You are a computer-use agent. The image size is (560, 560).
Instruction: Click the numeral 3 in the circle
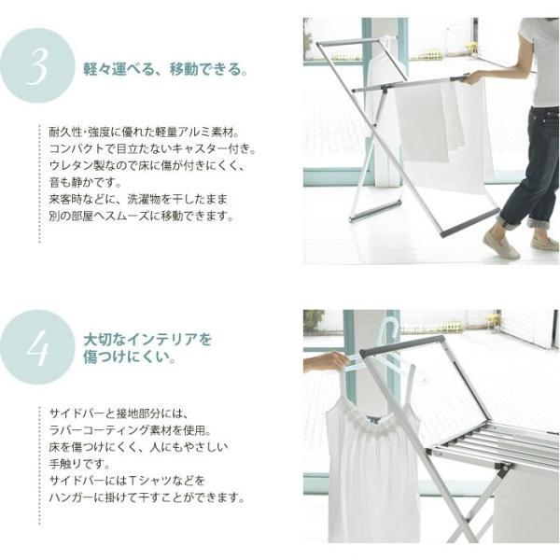tap(36, 66)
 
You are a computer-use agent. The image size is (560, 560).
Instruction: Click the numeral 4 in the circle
tap(37, 348)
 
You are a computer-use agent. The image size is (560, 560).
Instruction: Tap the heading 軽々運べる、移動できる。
tap(165, 69)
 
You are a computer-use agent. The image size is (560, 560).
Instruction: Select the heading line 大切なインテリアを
tap(147, 340)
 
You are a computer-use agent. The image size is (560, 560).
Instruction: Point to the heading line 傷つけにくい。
tap(130, 357)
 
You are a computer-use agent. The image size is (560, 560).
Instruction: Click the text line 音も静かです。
tap(86, 182)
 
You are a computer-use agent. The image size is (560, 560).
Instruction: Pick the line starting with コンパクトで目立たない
tap(153, 148)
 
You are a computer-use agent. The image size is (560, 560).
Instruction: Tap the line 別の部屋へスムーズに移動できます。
tap(142, 216)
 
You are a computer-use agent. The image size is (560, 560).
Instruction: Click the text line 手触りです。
tap(79, 464)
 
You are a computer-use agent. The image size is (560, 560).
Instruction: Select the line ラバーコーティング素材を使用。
tap(131, 430)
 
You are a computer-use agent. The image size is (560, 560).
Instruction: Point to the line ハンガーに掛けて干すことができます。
tap(147, 497)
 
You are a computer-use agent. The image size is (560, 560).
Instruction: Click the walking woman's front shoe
tap(500, 245)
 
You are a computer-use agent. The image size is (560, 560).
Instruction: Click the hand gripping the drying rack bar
tap(471, 77)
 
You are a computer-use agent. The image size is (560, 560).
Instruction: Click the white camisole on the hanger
tap(372, 471)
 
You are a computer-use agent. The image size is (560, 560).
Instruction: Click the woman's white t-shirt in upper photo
tap(539, 61)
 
